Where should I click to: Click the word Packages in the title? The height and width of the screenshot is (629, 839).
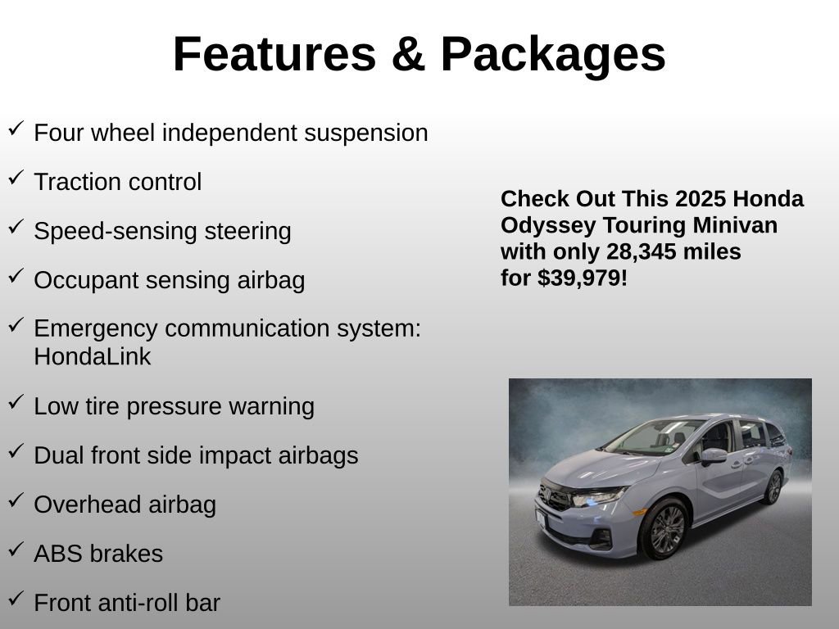coord(553,55)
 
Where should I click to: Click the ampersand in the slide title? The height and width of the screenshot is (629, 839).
coord(407,55)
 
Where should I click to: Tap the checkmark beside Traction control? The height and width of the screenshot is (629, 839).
coord(16,178)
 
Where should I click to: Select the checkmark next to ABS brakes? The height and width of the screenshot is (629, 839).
coord(16,550)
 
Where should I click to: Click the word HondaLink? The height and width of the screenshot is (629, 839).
coord(92,357)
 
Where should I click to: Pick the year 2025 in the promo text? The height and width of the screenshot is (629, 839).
coord(701,199)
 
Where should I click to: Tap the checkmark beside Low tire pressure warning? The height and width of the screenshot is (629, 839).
coord(16,402)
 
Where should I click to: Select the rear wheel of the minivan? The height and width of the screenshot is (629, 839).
coord(773,487)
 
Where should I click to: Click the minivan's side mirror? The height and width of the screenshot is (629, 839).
coord(713,455)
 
